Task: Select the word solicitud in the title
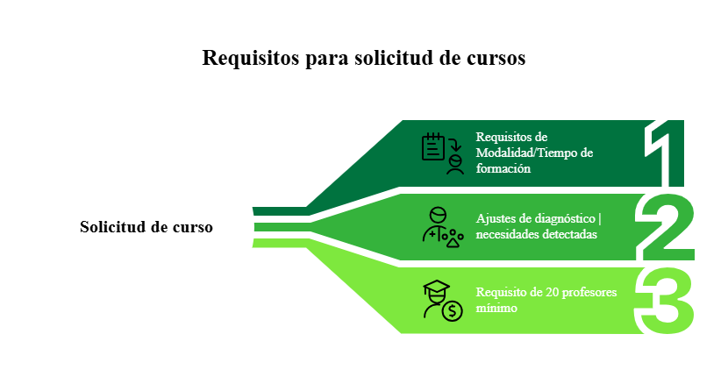coord(395,58)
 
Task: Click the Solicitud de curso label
coord(146,226)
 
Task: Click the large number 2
coord(666,227)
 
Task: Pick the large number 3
coord(666,301)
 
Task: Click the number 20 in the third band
coord(551,292)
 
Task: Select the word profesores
coord(590,292)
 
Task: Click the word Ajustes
coord(494,218)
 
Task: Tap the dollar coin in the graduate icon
coord(452,310)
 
